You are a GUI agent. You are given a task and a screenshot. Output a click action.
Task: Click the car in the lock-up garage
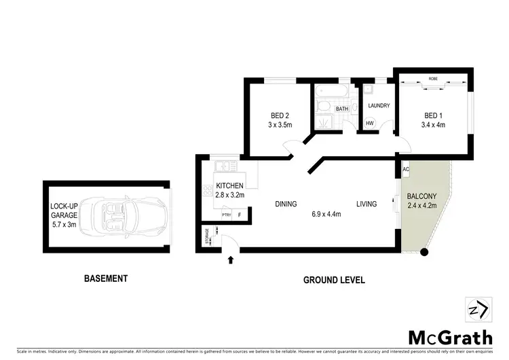(128, 215)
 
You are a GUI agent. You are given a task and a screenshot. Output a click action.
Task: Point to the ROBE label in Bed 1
(432, 80)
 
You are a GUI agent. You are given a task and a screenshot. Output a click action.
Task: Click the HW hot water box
(370, 124)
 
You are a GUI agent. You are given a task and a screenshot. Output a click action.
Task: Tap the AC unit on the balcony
(406, 169)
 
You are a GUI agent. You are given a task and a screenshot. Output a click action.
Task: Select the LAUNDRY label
(378, 106)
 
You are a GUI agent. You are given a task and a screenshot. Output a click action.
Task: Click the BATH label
(341, 109)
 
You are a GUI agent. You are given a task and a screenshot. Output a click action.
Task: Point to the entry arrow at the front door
(230, 259)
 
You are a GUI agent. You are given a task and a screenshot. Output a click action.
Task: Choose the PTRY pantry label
(227, 215)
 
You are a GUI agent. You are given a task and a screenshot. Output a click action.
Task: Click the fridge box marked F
(240, 215)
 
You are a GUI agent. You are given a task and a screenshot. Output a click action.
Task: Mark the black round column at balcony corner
(424, 253)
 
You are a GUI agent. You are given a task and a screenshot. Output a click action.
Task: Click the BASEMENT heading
(105, 278)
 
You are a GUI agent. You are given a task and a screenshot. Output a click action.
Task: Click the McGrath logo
(450, 338)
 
